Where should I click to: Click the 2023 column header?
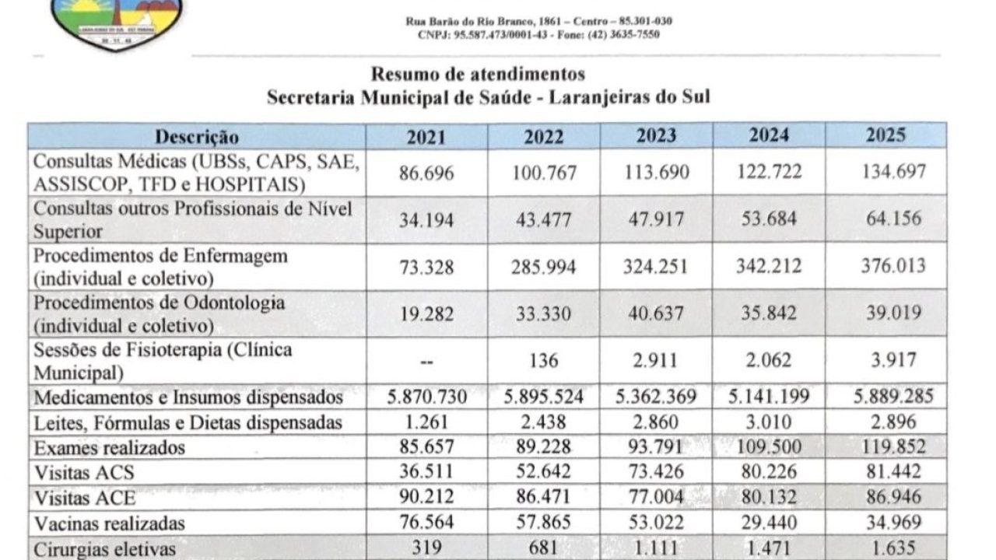656,136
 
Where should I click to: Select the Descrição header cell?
197,138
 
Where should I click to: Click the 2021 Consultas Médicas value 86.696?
427,172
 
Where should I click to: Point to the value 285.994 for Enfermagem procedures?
544,267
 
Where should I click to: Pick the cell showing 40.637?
656,313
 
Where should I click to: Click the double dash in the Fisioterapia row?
427,361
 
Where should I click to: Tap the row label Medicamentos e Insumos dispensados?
188,397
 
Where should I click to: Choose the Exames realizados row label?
110,447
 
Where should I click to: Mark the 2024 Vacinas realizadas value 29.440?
770,521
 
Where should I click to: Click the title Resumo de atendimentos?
477,75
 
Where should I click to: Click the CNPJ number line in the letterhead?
538,35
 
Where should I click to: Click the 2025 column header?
886,135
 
